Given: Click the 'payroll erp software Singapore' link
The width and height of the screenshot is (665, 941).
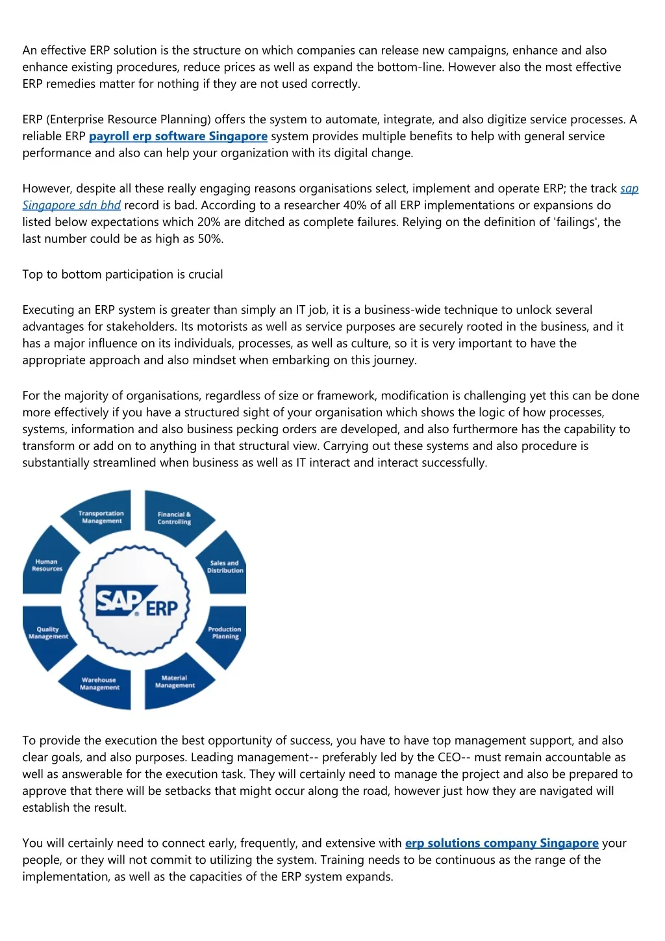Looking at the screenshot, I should click(178, 136).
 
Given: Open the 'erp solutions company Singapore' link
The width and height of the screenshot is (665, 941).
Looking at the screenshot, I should click(501, 843).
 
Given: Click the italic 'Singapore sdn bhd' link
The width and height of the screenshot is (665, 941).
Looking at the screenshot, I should click(71, 205).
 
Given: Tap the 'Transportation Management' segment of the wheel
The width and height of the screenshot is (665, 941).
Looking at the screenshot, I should click(101, 517).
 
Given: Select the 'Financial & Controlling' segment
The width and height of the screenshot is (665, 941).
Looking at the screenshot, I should click(174, 518).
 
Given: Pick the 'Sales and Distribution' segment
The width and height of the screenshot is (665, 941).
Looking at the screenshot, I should click(225, 566).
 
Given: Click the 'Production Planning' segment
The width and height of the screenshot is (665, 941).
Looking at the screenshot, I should click(225, 633).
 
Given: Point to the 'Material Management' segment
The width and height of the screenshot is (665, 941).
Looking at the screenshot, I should click(175, 682).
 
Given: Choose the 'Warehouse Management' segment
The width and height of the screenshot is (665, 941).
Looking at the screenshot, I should click(99, 684).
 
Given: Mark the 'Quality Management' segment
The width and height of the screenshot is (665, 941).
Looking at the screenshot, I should click(47, 633).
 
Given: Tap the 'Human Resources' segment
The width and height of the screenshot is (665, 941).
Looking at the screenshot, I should click(47, 565).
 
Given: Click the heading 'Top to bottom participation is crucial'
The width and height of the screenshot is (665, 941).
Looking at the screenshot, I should click(123, 274).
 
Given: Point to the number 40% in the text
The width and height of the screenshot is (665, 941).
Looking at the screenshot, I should click(355, 205).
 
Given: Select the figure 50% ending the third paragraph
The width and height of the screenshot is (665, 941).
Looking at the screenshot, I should click(210, 239).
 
